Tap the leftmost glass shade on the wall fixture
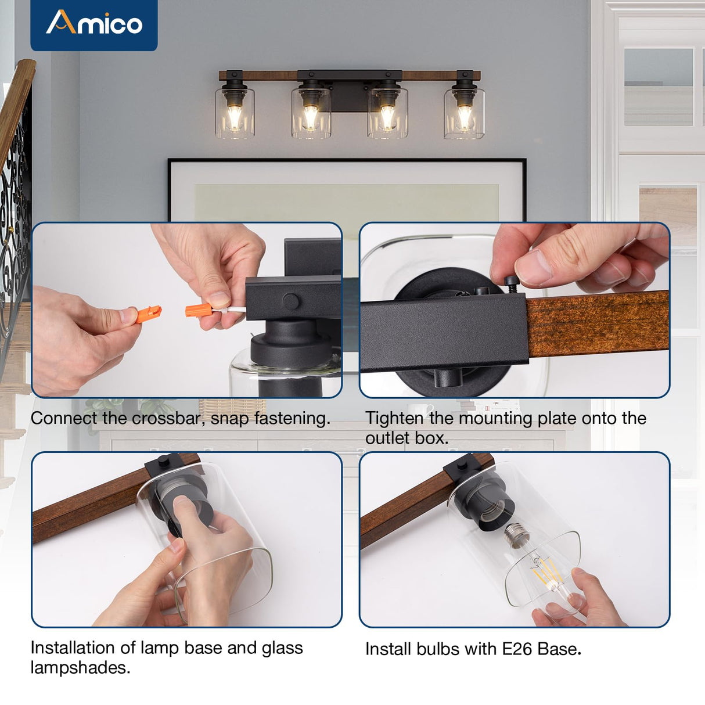click(235, 113)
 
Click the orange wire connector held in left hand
click(145, 314)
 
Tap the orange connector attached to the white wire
click(197, 310)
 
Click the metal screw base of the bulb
click(515, 534)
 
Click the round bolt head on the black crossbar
click(291, 300)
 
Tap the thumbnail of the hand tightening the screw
click(515, 310)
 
